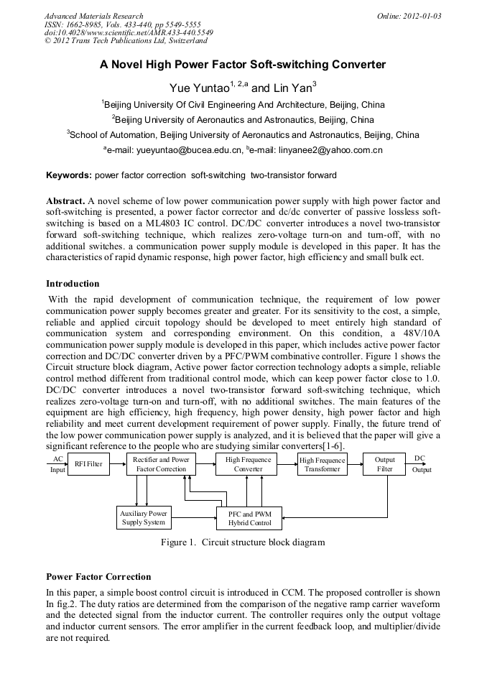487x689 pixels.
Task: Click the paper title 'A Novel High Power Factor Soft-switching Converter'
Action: click(243, 65)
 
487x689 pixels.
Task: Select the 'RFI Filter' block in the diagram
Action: click(88, 465)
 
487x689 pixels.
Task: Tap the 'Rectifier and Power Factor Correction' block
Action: click(161, 464)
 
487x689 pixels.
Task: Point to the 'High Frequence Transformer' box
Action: click(322, 465)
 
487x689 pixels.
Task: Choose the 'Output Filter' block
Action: click(384, 464)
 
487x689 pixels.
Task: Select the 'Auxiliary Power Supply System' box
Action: click(143, 518)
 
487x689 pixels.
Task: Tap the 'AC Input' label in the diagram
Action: click(57, 464)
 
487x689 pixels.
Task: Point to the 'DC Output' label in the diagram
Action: click(421, 463)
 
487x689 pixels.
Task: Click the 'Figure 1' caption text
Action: click(243, 542)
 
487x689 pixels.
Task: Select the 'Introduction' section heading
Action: click(73, 284)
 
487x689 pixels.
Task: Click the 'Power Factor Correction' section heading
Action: click(98, 577)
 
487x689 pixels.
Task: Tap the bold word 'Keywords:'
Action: click(69, 175)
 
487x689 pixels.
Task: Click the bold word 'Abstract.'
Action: click(66, 200)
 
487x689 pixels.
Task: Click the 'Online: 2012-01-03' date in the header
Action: click(409, 16)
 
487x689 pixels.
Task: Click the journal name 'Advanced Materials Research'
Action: click(93, 16)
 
